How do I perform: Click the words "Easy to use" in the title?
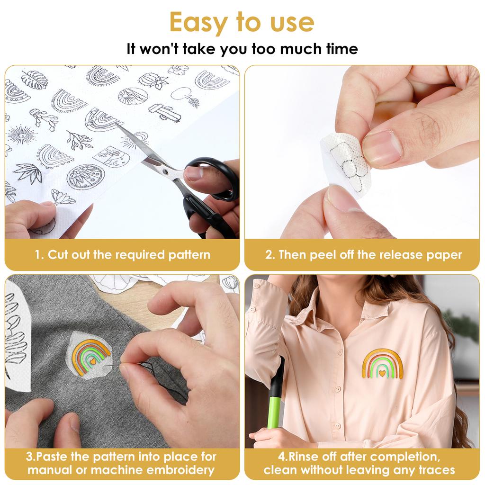click(242, 22)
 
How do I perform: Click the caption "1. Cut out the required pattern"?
click(122, 255)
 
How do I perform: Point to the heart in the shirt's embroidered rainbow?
click(382, 373)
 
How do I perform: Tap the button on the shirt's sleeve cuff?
click(253, 309)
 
